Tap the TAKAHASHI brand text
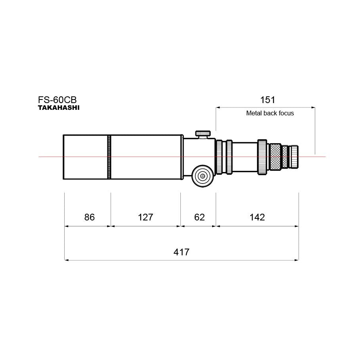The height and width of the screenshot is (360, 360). click(x=58, y=107)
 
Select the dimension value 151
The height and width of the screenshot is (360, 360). click(x=267, y=100)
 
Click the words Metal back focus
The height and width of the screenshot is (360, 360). click(x=270, y=113)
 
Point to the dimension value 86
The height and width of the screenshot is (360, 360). click(x=90, y=217)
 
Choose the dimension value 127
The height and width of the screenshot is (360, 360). click(x=145, y=217)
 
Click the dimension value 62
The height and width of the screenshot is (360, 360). click(x=199, y=217)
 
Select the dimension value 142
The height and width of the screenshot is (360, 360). click(x=257, y=217)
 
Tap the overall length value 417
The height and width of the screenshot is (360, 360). click(x=181, y=251)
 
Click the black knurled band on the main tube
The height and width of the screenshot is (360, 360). click(x=109, y=157)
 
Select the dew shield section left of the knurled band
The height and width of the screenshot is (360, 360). click(x=85, y=157)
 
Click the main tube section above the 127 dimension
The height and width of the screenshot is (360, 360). click(x=146, y=157)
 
